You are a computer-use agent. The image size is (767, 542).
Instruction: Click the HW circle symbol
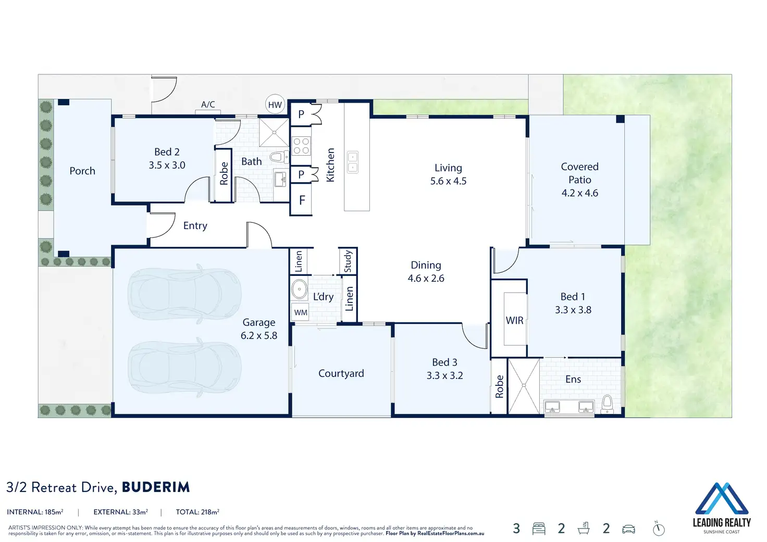pyautogui.click(x=275, y=104)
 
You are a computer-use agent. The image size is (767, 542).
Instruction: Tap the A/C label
pyautogui.click(x=208, y=104)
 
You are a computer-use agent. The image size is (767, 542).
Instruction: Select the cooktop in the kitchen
pyautogui.click(x=301, y=146)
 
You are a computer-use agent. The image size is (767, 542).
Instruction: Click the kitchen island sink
pyautogui.click(x=353, y=162)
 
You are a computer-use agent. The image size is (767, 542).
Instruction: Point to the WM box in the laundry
pyautogui.click(x=300, y=312)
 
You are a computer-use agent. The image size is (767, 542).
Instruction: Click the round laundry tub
pyautogui.click(x=299, y=289)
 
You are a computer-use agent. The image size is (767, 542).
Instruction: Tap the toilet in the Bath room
pyautogui.click(x=280, y=157)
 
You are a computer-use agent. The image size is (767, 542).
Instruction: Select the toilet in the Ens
pyautogui.click(x=607, y=405)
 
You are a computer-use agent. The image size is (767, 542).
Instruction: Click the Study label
pyautogui.click(x=348, y=261)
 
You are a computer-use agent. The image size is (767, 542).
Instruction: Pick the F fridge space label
pyautogui.click(x=302, y=200)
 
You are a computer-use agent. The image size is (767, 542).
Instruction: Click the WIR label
pyautogui.click(x=514, y=321)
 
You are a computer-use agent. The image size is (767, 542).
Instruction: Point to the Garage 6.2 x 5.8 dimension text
pyautogui.click(x=259, y=335)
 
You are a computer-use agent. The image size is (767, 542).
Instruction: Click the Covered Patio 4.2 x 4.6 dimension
pyautogui.click(x=580, y=193)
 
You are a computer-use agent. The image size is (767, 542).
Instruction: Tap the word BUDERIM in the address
pyautogui.click(x=156, y=487)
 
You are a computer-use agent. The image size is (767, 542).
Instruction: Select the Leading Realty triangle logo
pyautogui.click(x=722, y=498)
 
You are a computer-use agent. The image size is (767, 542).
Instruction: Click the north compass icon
pyautogui.click(x=659, y=529)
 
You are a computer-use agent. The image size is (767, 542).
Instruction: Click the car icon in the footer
pyautogui.click(x=628, y=529)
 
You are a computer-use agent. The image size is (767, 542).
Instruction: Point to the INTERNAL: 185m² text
pyautogui.click(x=35, y=512)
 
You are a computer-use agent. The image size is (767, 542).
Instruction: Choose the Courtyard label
pyautogui.click(x=341, y=373)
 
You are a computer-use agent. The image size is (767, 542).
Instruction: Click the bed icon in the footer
pyautogui.click(x=539, y=528)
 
